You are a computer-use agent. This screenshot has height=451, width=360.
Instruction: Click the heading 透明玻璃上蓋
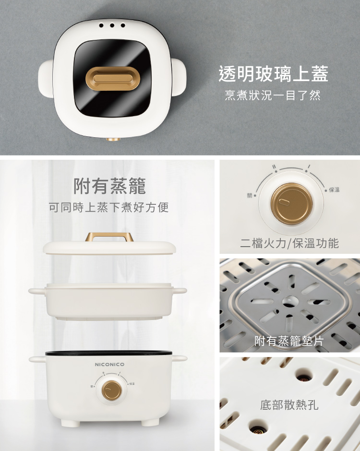click(273, 73)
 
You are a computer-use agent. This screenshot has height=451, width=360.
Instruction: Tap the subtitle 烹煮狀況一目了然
click(273, 95)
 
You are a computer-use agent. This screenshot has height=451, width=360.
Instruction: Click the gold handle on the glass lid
click(112, 79)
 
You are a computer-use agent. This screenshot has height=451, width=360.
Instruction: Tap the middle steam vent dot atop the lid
click(112, 25)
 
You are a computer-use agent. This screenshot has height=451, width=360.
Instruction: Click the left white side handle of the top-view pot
click(46, 78)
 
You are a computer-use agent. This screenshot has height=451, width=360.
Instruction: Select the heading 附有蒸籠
click(109, 186)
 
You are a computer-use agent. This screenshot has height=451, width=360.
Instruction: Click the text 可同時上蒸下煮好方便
click(109, 207)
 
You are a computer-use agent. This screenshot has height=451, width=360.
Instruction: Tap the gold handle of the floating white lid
click(109, 237)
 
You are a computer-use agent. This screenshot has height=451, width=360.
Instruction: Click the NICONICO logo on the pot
click(109, 365)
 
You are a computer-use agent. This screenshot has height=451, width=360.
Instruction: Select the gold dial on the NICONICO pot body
click(111, 391)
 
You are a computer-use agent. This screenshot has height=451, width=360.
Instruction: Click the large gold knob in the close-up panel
click(291, 203)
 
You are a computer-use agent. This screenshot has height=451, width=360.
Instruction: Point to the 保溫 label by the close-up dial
click(334, 190)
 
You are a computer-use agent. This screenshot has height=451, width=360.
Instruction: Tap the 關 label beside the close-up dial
click(250, 196)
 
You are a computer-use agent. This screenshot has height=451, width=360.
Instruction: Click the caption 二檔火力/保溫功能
click(289, 243)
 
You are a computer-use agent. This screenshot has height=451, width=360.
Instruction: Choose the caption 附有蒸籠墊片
click(289, 341)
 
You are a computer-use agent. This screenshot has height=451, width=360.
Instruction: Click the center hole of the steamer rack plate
click(290, 301)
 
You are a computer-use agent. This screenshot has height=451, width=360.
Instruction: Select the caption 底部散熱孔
click(289, 405)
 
